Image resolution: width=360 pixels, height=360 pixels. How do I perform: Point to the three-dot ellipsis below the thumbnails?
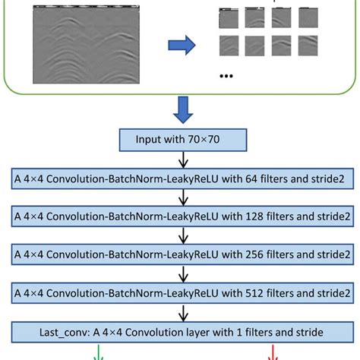pyautogui.click(x=226, y=76)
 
